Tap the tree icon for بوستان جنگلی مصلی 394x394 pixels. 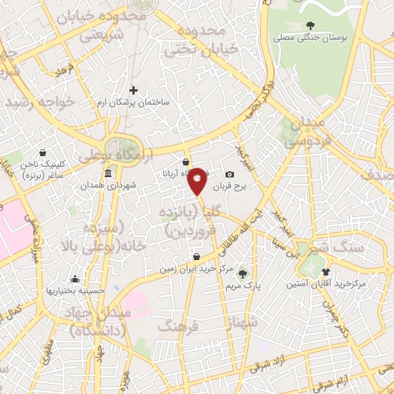[x=311, y=25]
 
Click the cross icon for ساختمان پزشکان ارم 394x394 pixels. [x=133, y=90]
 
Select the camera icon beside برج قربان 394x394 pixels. [x=229, y=175]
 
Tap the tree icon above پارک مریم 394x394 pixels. [x=242, y=273]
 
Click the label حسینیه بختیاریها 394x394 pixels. [x=74, y=290]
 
